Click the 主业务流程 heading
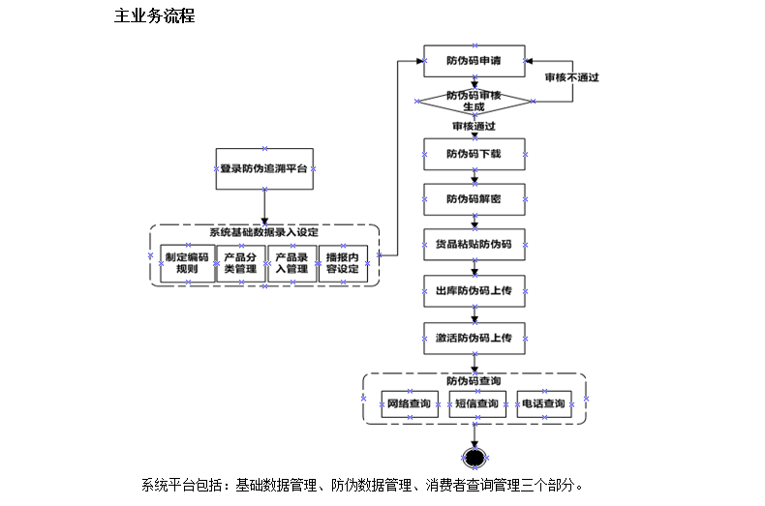tap(155, 15)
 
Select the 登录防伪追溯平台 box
tap(263, 168)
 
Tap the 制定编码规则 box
tap(187, 263)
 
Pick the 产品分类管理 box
tap(239, 263)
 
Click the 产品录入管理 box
tap(291, 263)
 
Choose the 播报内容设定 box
tap(343, 263)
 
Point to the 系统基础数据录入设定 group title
tap(263, 232)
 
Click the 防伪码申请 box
tap(474, 61)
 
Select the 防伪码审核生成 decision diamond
tap(474, 101)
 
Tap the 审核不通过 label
tap(571, 77)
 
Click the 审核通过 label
tap(474, 126)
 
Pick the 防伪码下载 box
tap(474, 153)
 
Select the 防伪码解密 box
tap(474, 199)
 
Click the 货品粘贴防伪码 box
tap(474, 245)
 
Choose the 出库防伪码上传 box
tap(474, 290)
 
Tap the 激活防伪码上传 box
tap(474, 338)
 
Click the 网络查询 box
tap(409, 403)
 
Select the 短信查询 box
tap(476, 403)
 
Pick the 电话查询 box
tap(543, 403)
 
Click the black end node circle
tap(474, 458)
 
